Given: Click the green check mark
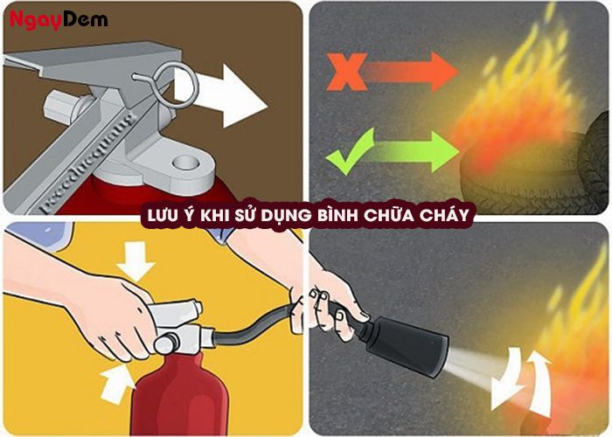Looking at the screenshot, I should [349, 149].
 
